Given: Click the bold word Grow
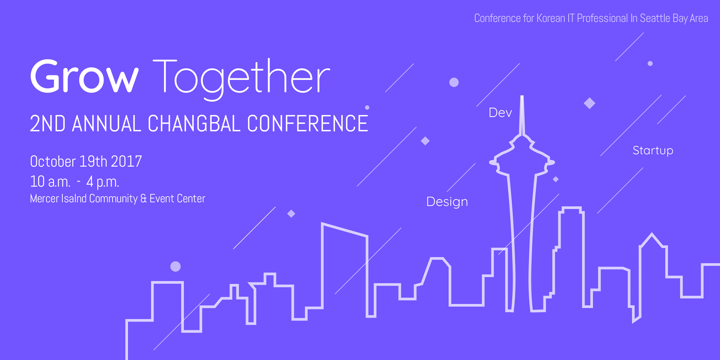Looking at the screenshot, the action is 84,76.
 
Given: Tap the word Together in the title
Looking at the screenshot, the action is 242,79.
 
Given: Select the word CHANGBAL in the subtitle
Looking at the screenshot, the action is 194,124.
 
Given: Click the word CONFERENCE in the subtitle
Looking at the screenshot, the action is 307,124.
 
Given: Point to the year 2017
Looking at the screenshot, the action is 126,162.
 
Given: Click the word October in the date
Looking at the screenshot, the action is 53,162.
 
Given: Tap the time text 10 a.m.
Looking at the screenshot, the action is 50,182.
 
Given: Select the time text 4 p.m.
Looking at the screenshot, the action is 103,182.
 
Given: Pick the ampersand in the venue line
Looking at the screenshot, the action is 144,198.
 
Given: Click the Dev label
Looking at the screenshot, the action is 500,112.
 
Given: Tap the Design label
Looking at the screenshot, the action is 447,202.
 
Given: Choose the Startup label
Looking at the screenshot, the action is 653,151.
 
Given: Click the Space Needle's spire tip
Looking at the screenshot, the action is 522,96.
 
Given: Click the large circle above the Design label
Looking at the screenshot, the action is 454,82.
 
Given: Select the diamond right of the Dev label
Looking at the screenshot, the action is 589,103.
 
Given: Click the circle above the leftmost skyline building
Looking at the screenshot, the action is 175,267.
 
